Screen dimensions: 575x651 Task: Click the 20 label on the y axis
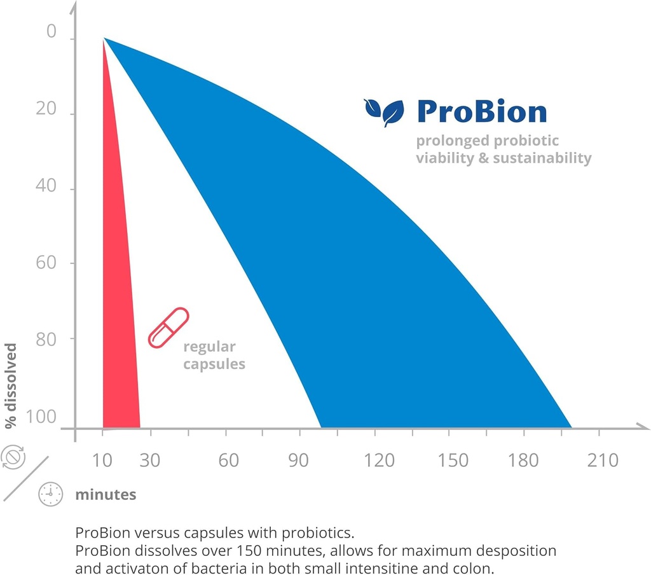[x=46, y=109]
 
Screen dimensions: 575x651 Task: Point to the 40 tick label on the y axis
[x=46, y=186]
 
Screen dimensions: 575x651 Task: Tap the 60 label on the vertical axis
[x=46, y=263]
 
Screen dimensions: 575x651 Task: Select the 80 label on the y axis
[x=46, y=338]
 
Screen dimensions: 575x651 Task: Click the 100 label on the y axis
[x=41, y=417]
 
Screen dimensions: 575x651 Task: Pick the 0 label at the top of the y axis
[x=52, y=32]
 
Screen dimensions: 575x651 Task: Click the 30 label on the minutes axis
[x=150, y=460]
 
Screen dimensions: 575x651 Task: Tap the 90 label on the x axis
[x=299, y=460]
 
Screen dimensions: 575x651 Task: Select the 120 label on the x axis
[x=380, y=460]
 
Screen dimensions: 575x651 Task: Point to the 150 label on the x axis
[x=453, y=460]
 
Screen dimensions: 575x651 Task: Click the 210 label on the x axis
[x=603, y=460]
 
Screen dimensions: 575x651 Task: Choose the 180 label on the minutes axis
[x=523, y=460]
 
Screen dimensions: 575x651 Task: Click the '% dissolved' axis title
[x=11, y=386]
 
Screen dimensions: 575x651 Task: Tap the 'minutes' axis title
[x=106, y=494]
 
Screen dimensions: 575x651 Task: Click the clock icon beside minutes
[x=51, y=494]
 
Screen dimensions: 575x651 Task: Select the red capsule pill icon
[x=168, y=328]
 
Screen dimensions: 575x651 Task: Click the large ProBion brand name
[x=481, y=112]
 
